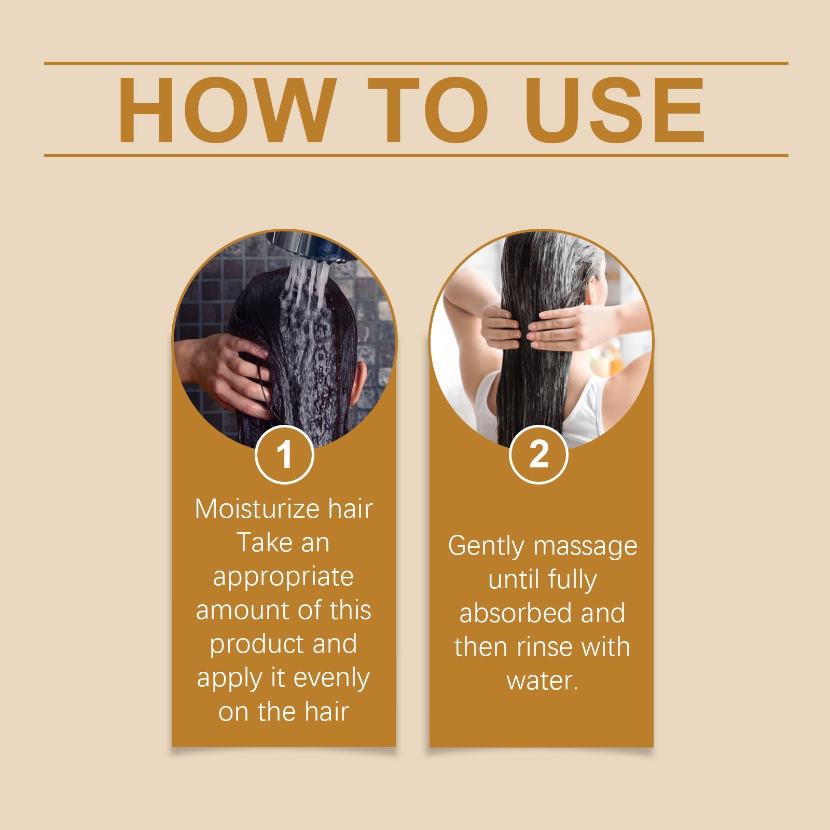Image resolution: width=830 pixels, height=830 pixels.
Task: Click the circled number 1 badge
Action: (284, 455)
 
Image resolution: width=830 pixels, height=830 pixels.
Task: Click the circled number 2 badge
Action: (539, 455)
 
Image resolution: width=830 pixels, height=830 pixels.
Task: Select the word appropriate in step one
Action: (283, 577)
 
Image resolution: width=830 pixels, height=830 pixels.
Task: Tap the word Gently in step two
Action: (486, 546)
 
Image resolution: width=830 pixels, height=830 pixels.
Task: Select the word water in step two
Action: (540, 681)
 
